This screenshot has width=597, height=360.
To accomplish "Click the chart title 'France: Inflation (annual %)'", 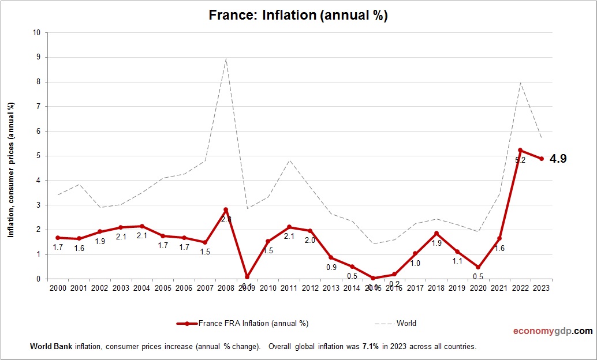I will coord(298,16).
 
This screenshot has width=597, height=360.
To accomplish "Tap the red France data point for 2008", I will coord(226,209).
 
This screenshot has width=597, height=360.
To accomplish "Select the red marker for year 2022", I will coord(521,151).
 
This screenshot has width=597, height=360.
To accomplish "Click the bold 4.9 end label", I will coord(558,159).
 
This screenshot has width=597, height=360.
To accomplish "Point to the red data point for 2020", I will coord(479,267).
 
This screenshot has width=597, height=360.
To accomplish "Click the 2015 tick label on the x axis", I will coord(373,288).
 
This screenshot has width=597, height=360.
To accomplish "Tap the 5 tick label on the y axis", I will coord(38,156).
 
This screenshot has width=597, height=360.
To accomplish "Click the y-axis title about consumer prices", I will coord(10,170).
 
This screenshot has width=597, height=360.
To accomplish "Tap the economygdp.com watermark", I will coord(553,331).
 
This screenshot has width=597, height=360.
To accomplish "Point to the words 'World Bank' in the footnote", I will coord(48,347).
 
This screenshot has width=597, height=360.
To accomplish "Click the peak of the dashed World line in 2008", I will coord(226,58).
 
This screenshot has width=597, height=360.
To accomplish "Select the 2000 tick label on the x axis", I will coord(57,288).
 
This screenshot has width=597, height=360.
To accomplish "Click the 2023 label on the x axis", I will coord(542,288).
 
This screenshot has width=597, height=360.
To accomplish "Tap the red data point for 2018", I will coord(436,233).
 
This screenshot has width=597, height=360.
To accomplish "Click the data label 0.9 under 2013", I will coord(331,267).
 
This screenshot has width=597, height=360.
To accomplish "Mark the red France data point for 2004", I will coord(141,226).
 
